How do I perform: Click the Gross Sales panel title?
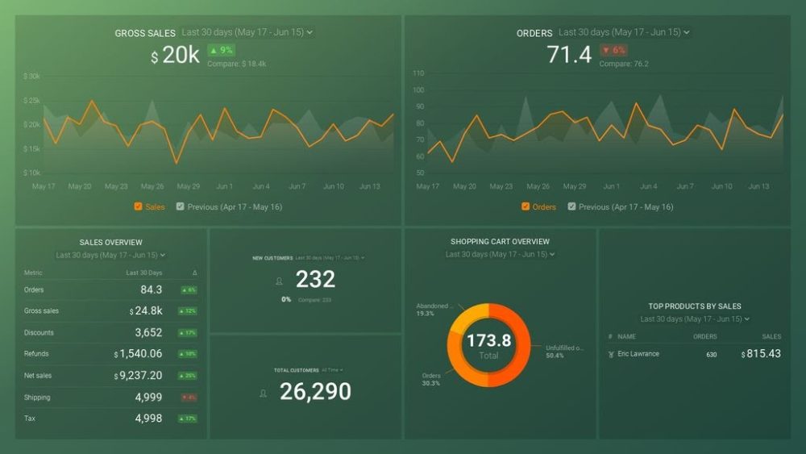pyautogui.click(x=145, y=33)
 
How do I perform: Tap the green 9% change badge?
pyautogui.click(x=221, y=50)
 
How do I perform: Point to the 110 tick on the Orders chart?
pyautogui.click(x=418, y=73)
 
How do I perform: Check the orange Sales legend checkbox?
pyautogui.click(x=139, y=206)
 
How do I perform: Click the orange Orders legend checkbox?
pyautogui.click(x=526, y=206)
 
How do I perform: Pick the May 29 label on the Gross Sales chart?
pyautogui.click(x=189, y=186)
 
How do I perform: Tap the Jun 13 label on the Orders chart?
pyautogui.click(x=758, y=186)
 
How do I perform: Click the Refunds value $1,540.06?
pyautogui.click(x=139, y=354)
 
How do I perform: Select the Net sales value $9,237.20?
pyautogui.click(x=139, y=376)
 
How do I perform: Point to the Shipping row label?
pyautogui.click(x=37, y=398)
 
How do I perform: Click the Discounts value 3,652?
pyautogui.click(x=148, y=332)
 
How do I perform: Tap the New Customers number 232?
pyautogui.click(x=315, y=280)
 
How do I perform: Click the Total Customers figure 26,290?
pyautogui.click(x=315, y=392)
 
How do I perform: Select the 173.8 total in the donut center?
pyautogui.click(x=488, y=341)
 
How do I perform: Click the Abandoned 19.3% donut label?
pyautogui.click(x=432, y=310)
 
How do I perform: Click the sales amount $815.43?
pyautogui.click(x=761, y=354)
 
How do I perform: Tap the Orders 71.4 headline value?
pyautogui.click(x=569, y=55)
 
